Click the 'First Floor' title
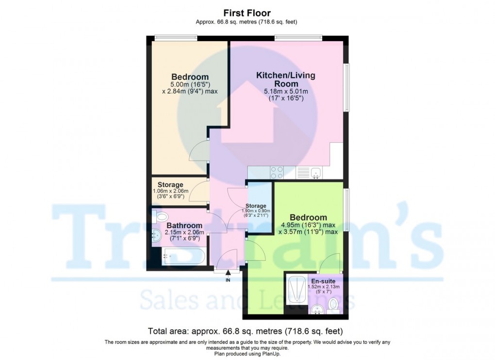pos(247,13)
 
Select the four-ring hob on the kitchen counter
pos(277,173)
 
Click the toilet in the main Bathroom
pos(160,217)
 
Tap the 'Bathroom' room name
pos(184,226)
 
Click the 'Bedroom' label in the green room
pos(308,217)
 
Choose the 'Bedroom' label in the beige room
pos(190,77)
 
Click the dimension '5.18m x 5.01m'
pos(285,91)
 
